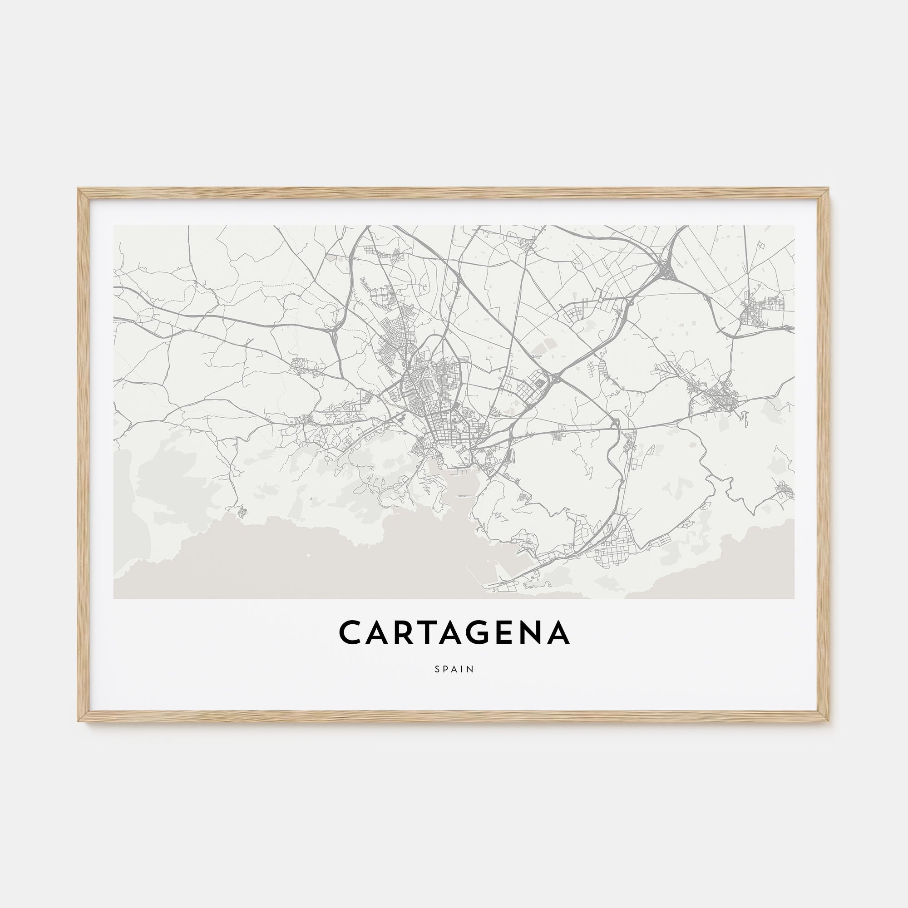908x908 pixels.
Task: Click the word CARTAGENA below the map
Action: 454,633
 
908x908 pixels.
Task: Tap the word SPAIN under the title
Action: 454,669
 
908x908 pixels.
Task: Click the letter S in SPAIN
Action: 437,669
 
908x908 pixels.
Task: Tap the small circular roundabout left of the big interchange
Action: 633,267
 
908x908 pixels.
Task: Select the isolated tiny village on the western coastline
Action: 242,511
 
